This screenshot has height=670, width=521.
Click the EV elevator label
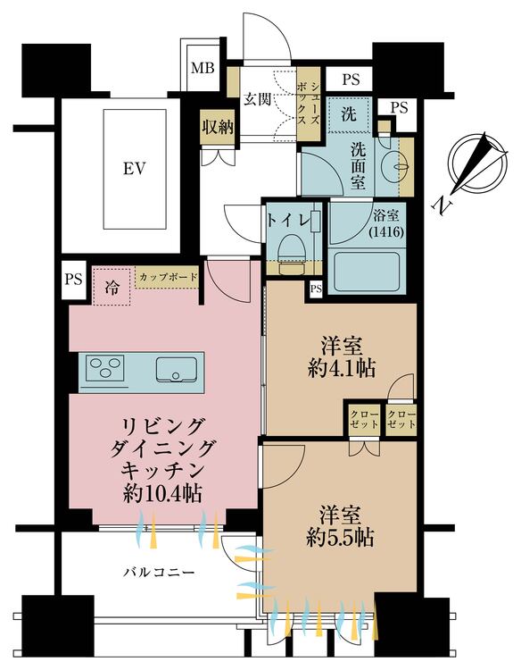tap(135, 168)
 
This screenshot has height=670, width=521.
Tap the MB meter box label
tap(203, 68)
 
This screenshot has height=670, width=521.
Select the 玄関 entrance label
tap(258, 99)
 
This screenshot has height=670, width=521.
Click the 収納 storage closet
tap(218, 127)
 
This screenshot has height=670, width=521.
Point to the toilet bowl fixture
tap(291, 253)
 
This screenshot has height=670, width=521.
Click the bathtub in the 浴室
tap(367, 272)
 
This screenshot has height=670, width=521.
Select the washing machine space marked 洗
tap(349, 114)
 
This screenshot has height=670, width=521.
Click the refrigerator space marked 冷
tap(112, 286)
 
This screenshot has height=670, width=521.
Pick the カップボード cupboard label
tap(169, 277)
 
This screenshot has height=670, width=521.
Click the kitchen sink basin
tap(177, 369)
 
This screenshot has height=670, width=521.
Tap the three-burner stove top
tap(105, 367)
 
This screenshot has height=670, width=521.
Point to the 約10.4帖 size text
tap(162, 494)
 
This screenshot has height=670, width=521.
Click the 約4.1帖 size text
tap(342, 368)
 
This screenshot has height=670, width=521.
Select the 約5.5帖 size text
tap(341, 537)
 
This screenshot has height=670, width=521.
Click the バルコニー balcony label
tap(159, 572)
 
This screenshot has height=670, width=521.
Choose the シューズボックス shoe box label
tap(308, 103)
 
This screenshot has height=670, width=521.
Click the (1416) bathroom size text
tap(386, 232)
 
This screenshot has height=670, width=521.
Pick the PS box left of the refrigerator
tap(73, 280)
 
